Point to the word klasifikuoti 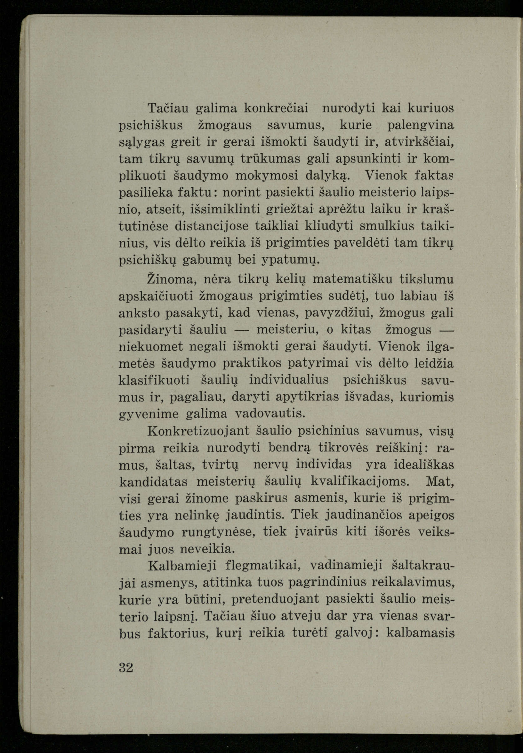tap(154, 380)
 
